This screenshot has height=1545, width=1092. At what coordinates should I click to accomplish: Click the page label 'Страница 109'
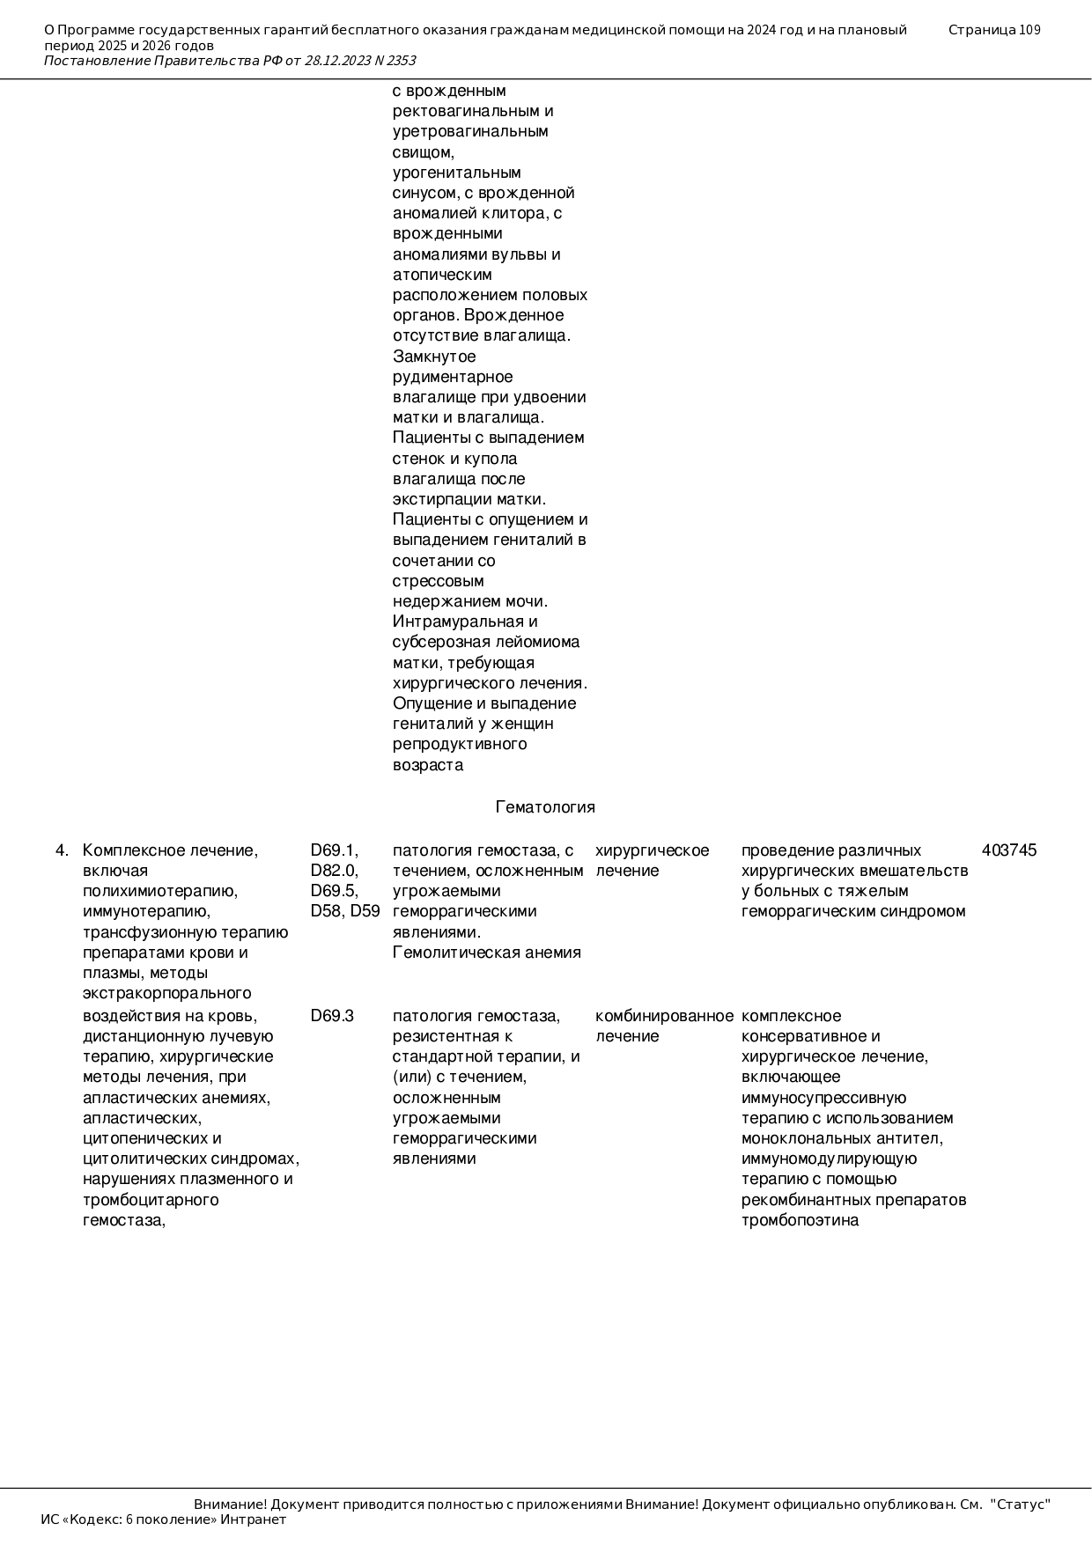coord(994,30)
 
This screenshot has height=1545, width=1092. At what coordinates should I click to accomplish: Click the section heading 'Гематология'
coord(545,807)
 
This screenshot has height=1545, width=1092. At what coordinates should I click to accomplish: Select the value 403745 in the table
coord(1008,850)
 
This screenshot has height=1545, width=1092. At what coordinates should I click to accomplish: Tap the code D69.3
coord(332,1016)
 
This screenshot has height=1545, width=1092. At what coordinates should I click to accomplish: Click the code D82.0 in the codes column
coord(333,871)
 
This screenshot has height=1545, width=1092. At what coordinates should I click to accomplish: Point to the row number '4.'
coord(62,850)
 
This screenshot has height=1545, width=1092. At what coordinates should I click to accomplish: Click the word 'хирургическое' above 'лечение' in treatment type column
coord(652,850)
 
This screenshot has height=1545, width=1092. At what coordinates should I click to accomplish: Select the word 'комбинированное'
coord(664,1016)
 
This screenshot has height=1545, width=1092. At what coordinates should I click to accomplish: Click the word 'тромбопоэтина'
coord(800,1220)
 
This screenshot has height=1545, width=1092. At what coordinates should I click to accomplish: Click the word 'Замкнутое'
coord(434,357)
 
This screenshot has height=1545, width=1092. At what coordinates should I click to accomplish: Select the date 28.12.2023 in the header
coord(338,61)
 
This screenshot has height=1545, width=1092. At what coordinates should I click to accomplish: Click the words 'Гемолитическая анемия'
coord(486,953)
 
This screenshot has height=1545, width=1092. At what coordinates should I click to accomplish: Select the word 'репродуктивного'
coord(460,744)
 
